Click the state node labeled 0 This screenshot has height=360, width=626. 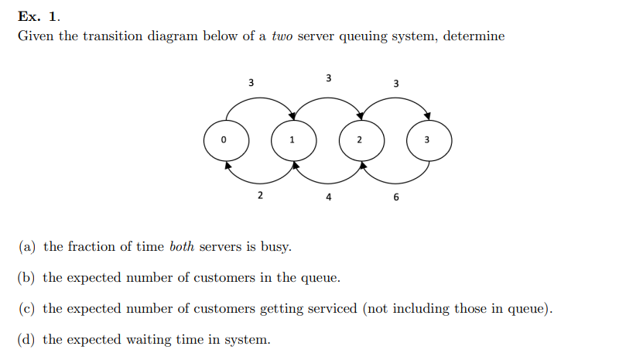pyautogui.click(x=226, y=140)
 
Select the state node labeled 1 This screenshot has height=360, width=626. pyautogui.click(x=292, y=140)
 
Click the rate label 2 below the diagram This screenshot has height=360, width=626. pyautogui.click(x=260, y=195)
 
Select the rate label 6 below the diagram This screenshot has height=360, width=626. pyautogui.click(x=396, y=197)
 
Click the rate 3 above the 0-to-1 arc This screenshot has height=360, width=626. pyautogui.click(x=250, y=81)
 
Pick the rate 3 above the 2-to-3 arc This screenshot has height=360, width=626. pyautogui.click(x=396, y=83)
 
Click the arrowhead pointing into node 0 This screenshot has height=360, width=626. pyautogui.click(x=227, y=164)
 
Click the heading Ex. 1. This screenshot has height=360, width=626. pyautogui.click(x=39, y=16)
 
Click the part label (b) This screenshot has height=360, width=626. pyautogui.click(x=28, y=278)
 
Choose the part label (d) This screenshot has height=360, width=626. pyautogui.click(x=28, y=340)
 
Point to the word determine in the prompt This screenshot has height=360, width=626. pyautogui.click(x=474, y=36)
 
